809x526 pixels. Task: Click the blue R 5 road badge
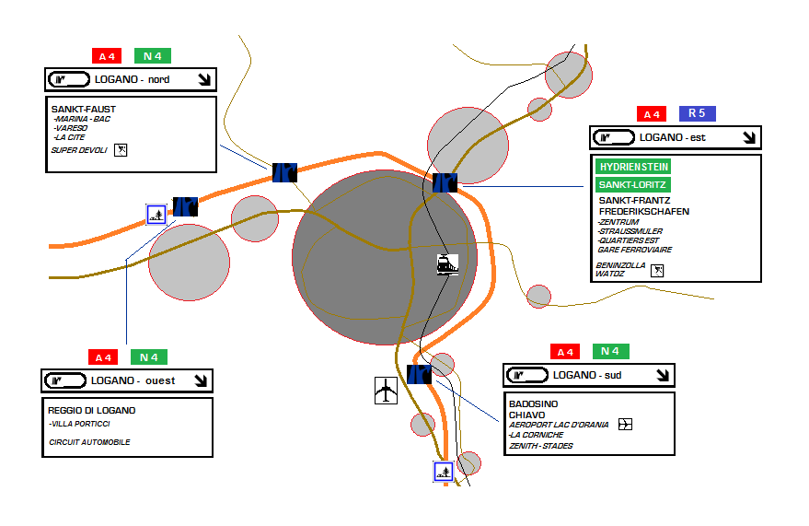point(697,113)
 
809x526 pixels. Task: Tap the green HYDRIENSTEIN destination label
point(633,167)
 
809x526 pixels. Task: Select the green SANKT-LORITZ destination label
point(633,184)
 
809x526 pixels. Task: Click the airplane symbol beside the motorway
point(387,390)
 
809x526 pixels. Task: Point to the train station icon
point(447,264)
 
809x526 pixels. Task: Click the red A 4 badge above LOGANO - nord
point(107,56)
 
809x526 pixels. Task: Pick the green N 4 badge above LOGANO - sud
point(610,351)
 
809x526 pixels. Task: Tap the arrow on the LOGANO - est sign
point(749,137)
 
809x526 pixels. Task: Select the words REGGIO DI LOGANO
point(92,410)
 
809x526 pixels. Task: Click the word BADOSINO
point(534,403)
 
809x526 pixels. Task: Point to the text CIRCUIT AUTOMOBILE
point(89,442)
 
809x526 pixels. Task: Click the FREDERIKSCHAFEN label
point(643,211)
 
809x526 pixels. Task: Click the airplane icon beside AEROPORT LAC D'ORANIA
point(627,425)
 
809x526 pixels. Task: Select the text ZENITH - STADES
point(541,446)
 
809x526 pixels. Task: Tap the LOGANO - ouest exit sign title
point(133,380)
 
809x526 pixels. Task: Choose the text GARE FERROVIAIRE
point(634,250)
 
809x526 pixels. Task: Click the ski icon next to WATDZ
point(657,270)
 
